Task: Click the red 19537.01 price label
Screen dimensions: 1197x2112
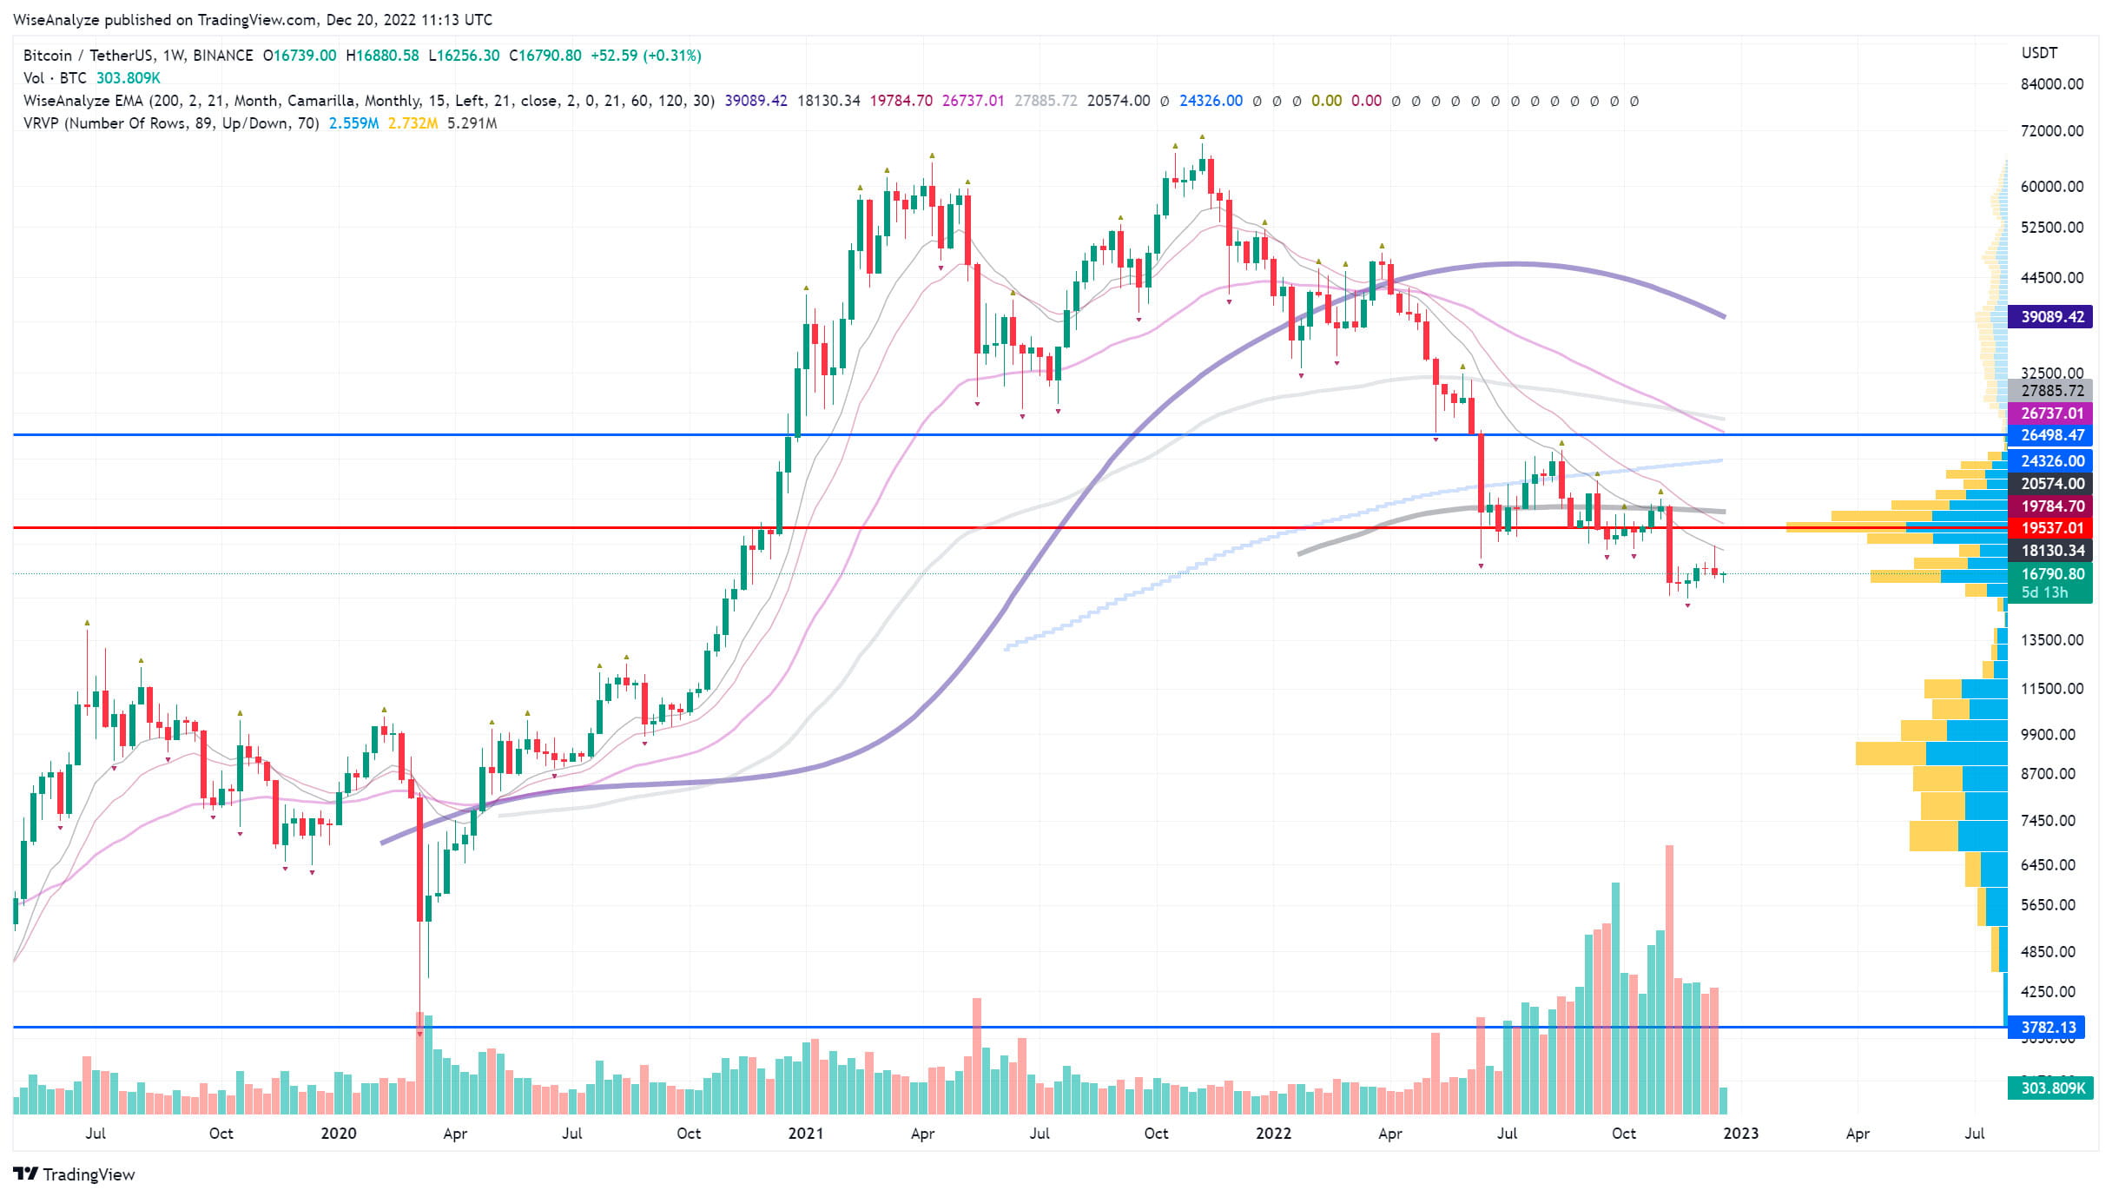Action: (2050, 527)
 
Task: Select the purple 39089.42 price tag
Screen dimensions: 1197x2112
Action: (2050, 316)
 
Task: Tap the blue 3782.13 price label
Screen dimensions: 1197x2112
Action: (2050, 1027)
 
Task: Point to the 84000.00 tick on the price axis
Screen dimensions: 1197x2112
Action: (2051, 84)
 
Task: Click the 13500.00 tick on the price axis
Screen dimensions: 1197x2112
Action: (2051, 640)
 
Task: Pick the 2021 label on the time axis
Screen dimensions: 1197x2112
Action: (805, 1133)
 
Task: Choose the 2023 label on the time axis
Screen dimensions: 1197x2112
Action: (1740, 1133)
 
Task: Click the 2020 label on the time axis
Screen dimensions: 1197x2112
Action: (338, 1133)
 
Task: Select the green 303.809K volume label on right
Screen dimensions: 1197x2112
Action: (2050, 1088)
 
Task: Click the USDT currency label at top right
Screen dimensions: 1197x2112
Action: (2039, 53)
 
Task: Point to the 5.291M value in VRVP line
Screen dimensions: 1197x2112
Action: (472, 123)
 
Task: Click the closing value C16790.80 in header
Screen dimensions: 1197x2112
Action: (545, 56)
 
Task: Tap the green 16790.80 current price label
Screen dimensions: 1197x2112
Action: (2050, 573)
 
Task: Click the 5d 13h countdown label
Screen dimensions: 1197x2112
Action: (2044, 592)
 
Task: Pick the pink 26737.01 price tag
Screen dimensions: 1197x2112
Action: (2050, 413)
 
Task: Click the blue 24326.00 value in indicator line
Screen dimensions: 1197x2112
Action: (1211, 101)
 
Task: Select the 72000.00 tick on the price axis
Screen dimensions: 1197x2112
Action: (2051, 131)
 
